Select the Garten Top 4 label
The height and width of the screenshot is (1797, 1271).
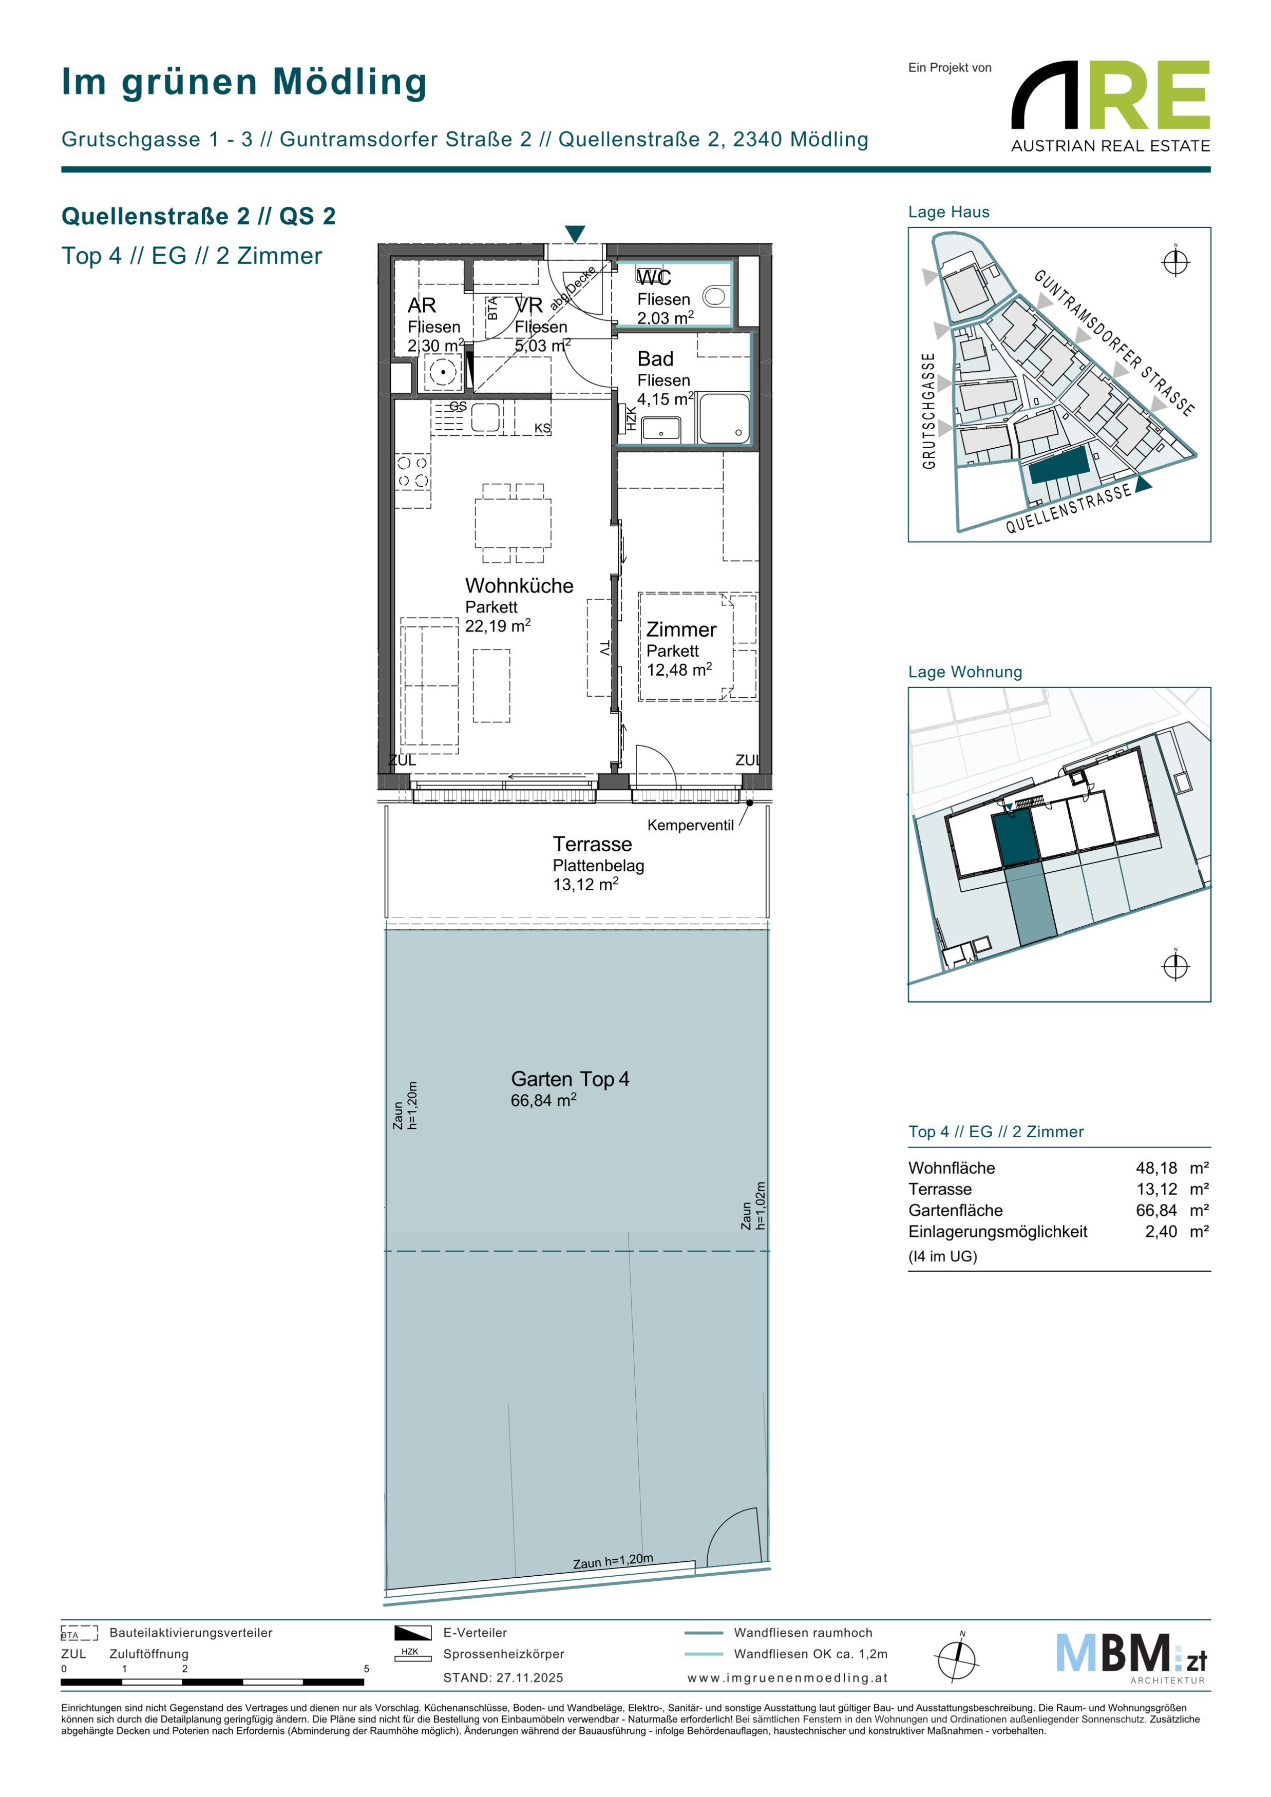pos(570,1079)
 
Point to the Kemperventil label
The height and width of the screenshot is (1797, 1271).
pos(690,825)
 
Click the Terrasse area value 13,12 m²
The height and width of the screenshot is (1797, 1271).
pos(585,885)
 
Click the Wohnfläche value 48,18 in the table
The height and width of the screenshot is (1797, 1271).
pos(1156,1168)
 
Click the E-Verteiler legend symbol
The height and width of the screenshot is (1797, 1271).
pos(412,1633)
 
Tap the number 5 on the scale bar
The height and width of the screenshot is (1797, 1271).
pos(366,1668)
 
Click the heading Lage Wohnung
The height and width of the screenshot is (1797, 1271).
pos(965,672)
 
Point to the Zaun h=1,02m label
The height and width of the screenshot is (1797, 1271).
pos(754,1206)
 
